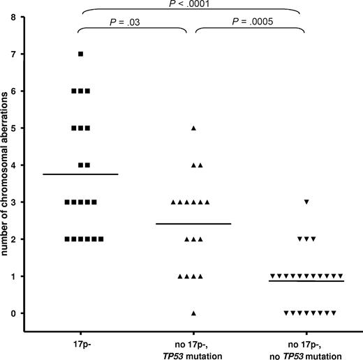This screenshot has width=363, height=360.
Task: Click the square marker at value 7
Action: click(81, 54)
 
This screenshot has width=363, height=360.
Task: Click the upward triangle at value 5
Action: click(193, 128)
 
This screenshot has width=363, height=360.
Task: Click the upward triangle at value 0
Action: click(193, 313)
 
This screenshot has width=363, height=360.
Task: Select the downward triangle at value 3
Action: click(306, 202)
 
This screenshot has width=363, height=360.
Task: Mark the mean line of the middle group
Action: click(193, 223)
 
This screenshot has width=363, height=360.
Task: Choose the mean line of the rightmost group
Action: click(306, 280)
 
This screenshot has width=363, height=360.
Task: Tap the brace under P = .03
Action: click(133, 31)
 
